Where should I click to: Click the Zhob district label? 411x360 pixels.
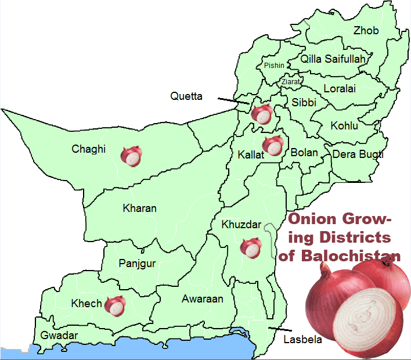pyautogui.click(x=366, y=31)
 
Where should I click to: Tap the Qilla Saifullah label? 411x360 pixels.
pyautogui.click(x=333, y=59)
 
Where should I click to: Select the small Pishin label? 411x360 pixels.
pyautogui.click(x=274, y=66)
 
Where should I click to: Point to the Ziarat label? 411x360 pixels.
pyautogui.click(x=291, y=82)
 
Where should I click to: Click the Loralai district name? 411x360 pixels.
pyautogui.click(x=340, y=89)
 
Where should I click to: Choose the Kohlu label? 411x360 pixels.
pyautogui.click(x=344, y=125)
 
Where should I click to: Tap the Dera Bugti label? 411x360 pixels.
pyautogui.click(x=358, y=154)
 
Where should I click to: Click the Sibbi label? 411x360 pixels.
pyautogui.click(x=304, y=102)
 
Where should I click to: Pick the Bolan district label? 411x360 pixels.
pyautogui.click(x=304, y=153)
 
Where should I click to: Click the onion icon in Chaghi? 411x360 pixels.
pyautogui.click(x=131, y=156)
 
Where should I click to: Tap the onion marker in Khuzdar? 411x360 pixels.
pyautogui.click(x=251, y=247)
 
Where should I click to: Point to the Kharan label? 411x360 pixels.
pyautogui.click(x=139, y=208)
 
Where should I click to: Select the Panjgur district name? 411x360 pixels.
pyautogui.click(x=137, y=264)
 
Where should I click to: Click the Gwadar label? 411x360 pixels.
pyautogui.click(x=59, y=336)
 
